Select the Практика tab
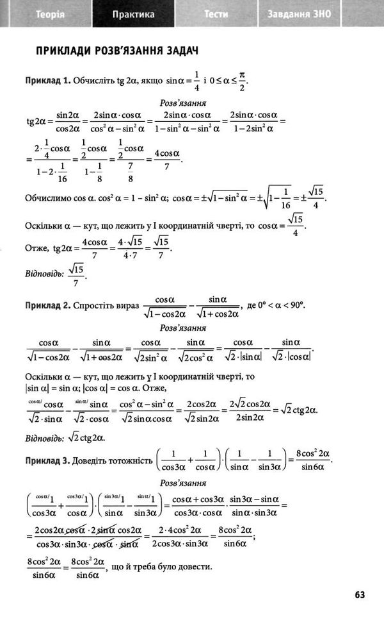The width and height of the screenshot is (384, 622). click(x=133, y=13)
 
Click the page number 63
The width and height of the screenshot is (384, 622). click(x=360, y=594)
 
